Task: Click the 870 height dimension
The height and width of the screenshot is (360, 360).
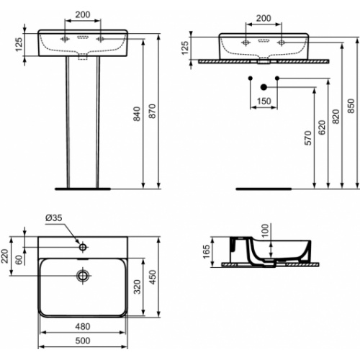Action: click(153, 111)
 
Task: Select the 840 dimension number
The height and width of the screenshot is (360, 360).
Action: click(137, 114)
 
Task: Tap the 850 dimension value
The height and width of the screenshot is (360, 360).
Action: click(351, 106)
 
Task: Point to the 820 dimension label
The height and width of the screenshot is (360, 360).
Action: click(336, 117)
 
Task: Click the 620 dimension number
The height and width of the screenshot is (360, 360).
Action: click(322, 127)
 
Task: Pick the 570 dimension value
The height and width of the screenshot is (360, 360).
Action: click(307, 138)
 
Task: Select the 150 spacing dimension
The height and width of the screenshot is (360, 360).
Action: click(264, 101)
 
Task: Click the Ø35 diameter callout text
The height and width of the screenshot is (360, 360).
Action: click(54, 217)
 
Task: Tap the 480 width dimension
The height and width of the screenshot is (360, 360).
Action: click(83, 326)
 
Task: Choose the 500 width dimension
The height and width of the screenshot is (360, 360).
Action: click(83, 341)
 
